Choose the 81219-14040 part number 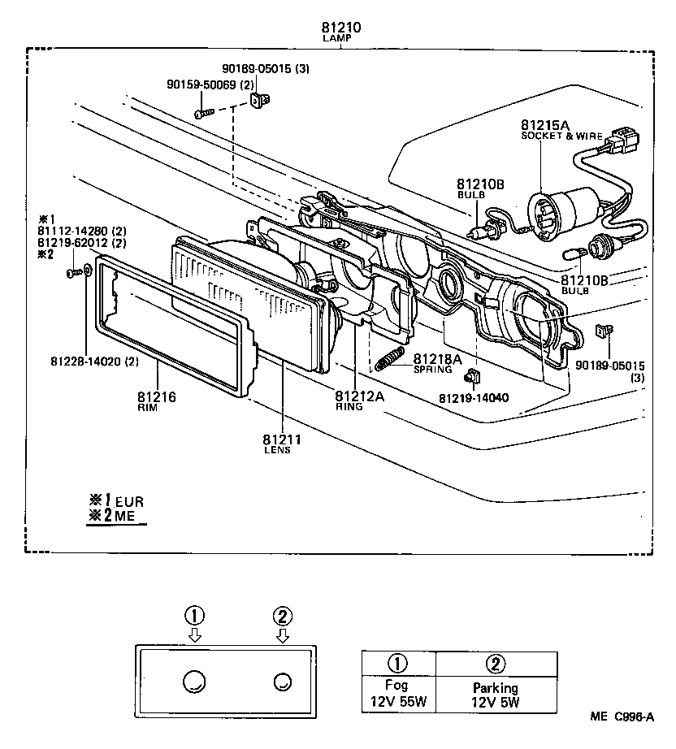point(474,398)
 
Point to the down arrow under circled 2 point(282,635)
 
